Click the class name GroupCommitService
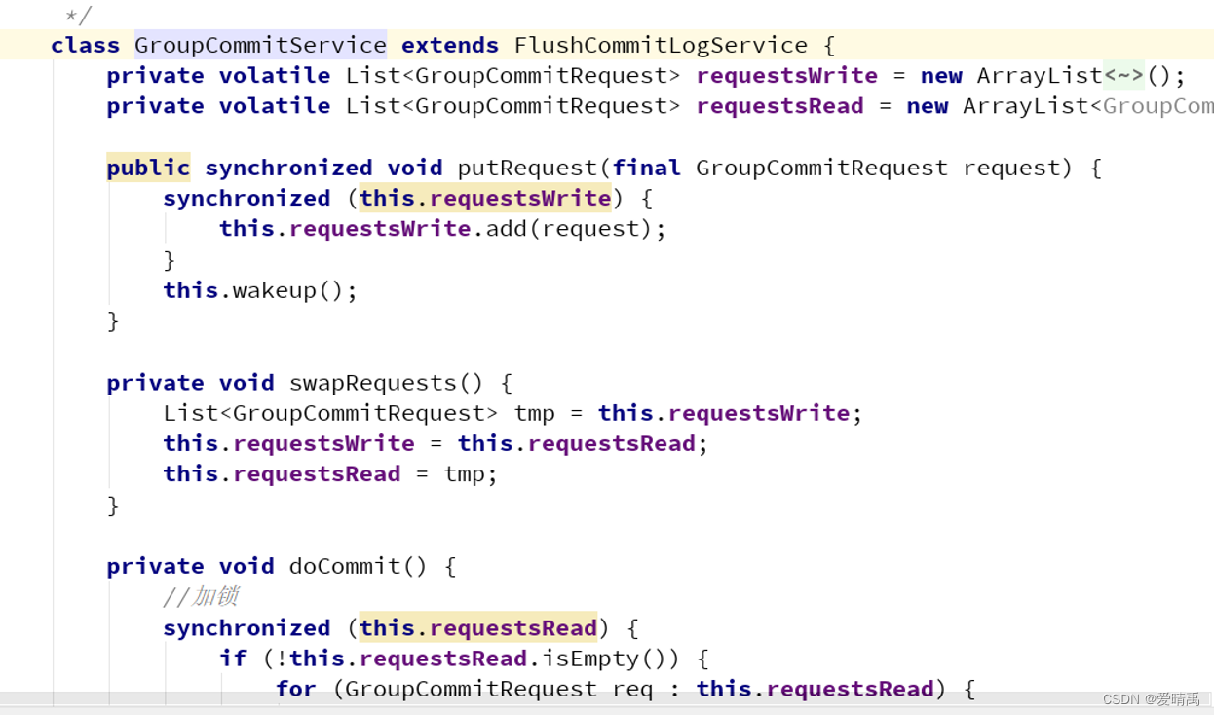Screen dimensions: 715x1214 (x=260, y=45)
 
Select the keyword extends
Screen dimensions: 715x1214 (x=449, y=45)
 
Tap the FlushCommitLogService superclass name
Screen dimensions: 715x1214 (x=661, y=45)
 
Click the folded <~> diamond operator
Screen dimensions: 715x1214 (x=1123, y=75)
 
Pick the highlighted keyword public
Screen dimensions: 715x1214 (x=148, y=168)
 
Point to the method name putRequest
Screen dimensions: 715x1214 (x=526, y=168)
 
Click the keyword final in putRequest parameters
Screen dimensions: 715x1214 (x=646, y=168)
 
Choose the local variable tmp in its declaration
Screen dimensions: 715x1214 (x=534, y=413)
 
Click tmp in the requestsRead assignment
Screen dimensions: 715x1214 (x=464, y=473)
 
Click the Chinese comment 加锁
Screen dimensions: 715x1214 (x=214, y=596)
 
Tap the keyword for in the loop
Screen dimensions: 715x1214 (x=295, y=689)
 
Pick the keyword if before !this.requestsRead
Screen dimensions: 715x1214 (x=233, y=659)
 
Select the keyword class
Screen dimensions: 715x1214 (x=85, y=45)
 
